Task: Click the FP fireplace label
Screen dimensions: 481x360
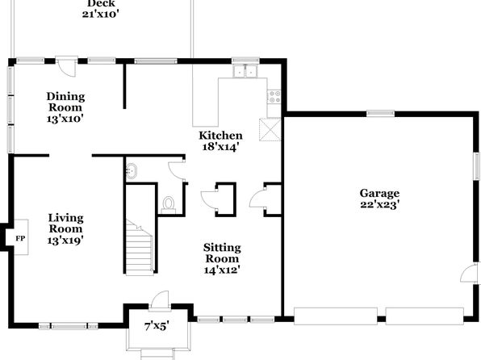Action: (20, 238)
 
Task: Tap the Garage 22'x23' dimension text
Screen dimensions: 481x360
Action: (379, 204)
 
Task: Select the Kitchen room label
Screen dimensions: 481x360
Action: (220, 136)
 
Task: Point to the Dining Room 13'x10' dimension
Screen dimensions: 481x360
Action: (65, 119)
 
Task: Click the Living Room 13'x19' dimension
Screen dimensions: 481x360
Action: (65, 240)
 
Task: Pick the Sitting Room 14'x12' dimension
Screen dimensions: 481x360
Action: (222, 270)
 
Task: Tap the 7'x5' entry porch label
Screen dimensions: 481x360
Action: (157, 326)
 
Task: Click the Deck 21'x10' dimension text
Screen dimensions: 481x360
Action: (100, 14)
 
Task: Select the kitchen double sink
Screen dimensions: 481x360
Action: (245, 71)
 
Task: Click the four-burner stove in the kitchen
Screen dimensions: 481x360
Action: (274, 97)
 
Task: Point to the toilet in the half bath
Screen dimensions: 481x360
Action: (168, 205)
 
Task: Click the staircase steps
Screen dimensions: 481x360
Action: (140, 247)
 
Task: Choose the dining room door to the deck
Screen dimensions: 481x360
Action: (66, 66)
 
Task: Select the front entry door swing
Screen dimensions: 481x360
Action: (160, 299)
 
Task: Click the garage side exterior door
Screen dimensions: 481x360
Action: (470, 273)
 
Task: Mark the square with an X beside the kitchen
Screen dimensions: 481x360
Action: (270, 130)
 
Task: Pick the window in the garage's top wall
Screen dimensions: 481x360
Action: (380, 114)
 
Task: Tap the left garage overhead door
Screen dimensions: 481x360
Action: (336, 316)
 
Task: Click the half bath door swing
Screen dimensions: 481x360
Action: (176, 170)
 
